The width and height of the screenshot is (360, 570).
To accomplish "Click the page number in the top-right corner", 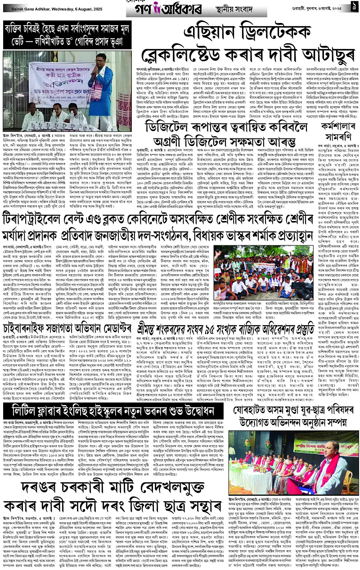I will click(354, 8).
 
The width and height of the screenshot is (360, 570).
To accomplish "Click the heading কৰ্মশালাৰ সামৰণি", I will click(341, 132).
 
